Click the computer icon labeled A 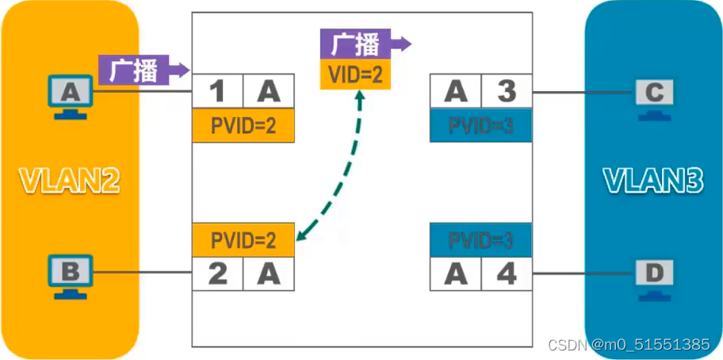coord(71,96)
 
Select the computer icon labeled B coord(71,275)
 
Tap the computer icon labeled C coord(654,96)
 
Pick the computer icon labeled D coord(654,275)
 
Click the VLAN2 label coord(70,182)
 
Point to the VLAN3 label coord(652,182)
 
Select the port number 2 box coord(217,275)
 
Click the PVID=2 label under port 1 coord(243,126)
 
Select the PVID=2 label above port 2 coord(243,239)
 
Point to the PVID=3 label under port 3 coord(480,126)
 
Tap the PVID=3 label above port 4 coord(480,239)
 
